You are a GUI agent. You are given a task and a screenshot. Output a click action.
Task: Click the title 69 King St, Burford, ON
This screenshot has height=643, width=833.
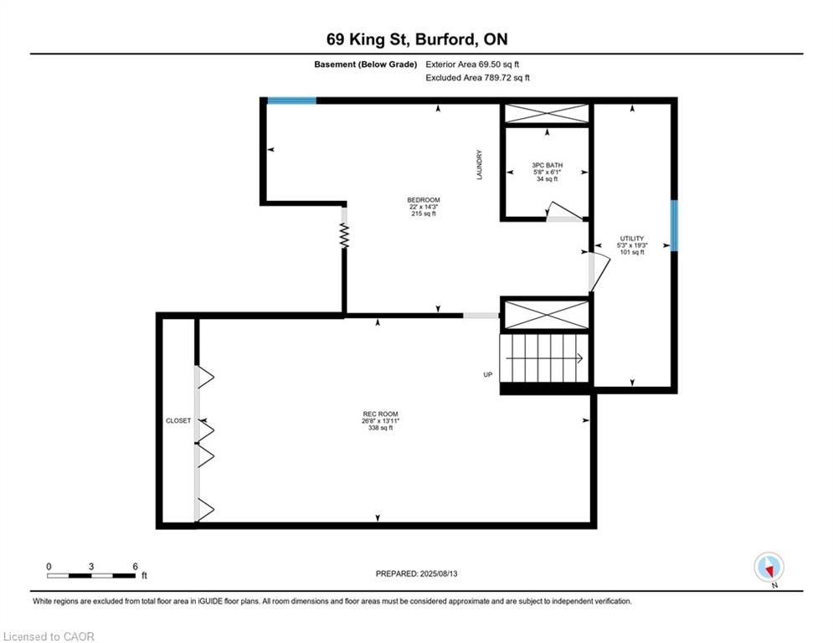pos(416,39)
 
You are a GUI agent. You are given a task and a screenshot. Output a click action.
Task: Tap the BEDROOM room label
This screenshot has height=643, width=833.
pos(423,200)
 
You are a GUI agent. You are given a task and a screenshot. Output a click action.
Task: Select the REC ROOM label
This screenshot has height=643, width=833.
pos(380,414)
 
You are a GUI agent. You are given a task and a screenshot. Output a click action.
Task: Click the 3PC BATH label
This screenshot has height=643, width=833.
pos(546,165)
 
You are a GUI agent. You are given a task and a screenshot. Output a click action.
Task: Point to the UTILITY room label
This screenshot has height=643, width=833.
pos(632,239)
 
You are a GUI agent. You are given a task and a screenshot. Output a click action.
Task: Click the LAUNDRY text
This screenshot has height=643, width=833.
pos(480,164)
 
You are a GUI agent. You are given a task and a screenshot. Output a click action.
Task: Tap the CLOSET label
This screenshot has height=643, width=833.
pos(178,420)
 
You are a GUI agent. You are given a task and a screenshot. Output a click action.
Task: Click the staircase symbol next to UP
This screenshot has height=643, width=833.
pos(544,358)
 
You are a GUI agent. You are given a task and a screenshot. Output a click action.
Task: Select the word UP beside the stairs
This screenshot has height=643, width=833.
pos(488,374)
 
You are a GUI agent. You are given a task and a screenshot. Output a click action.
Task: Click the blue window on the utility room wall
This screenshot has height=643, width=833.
pos(674,225)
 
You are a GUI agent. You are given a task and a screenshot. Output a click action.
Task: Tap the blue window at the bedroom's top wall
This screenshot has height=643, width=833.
pos(291,100)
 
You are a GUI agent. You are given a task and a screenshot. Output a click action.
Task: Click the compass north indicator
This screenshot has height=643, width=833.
pos(768,567)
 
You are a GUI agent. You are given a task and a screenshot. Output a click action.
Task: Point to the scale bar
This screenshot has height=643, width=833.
pos(91,575)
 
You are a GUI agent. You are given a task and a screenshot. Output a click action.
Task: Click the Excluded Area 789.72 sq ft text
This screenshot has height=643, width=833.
pos(478,77)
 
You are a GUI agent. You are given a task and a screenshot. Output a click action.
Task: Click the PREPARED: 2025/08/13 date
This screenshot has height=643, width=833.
pos(416,574)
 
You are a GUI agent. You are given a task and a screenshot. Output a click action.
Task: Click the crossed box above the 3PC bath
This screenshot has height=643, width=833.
pos(546,114)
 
